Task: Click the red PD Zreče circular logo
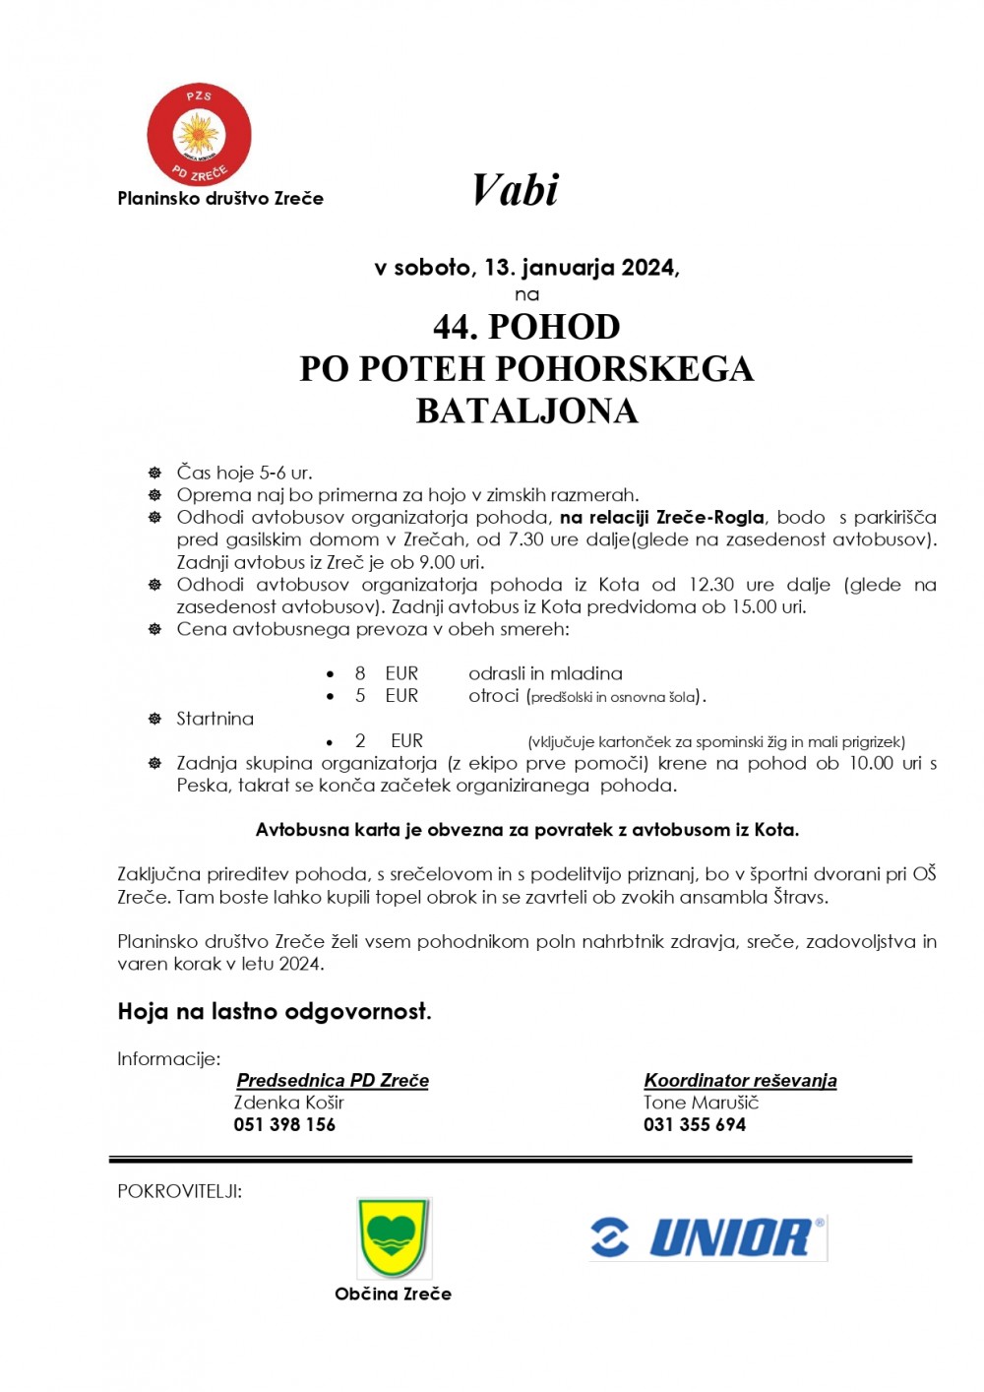coord(199,135)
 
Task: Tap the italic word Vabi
coord(515,190)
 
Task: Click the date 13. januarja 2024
coord(581,267)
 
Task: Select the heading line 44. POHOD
coord(526,326)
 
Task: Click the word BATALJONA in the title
coord(526,411)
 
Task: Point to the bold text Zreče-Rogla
coord(709,517)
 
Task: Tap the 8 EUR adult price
coord(387,673)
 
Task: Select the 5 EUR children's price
coord(387,696)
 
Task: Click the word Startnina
coord(215,719)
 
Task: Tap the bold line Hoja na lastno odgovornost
coord(275,1011)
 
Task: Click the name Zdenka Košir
coord(288,1103)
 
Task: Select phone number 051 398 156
coord(284,1124)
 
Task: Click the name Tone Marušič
coord(701,1103)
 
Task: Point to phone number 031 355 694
coord(695,1124)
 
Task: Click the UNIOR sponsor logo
coord(708,1237)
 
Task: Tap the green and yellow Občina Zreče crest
coord(394,1237)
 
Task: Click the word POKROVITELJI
coord(179,1191)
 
